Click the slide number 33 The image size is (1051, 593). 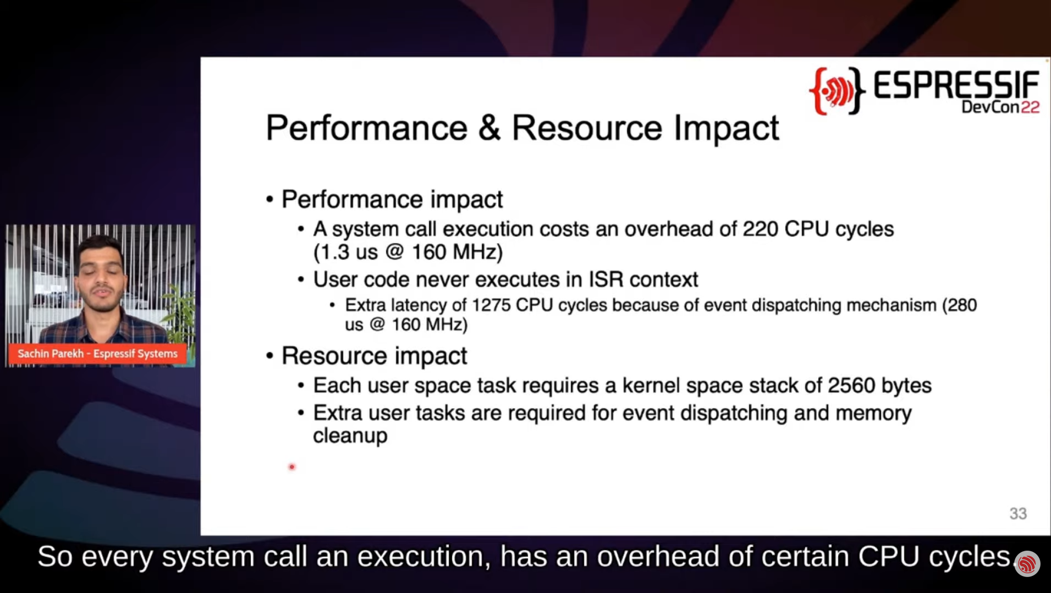pyautogui.click(x=1018, y=513)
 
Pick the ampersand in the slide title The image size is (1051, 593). pyautogui.click(x=489, y=128)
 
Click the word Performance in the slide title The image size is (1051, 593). pyautogui.click(x=367, y=128)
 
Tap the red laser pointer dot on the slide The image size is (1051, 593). pyautogui.click(x=292, y=467)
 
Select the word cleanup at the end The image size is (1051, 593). pyautogui.click(x=350, y=436)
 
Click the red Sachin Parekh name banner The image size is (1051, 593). pyautogui.click(x=97, y=353)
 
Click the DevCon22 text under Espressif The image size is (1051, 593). pyautogui.click(x=1000, y=107)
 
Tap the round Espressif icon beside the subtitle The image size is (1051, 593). pyautogui.click(x=1027, y=564)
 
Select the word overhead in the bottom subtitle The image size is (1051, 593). pyautogui.click(x=658, y=557)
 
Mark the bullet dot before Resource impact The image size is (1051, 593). pyautogui.click(x=269, y=356)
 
